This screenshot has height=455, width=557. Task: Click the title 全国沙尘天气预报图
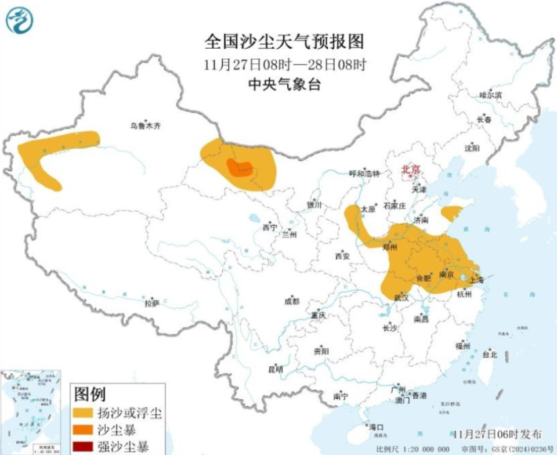(x=284, y=41)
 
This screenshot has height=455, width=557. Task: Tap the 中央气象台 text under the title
(x=284, y=84)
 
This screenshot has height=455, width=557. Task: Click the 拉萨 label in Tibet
(x=151, y=302)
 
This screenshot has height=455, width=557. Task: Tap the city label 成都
(x=292, y=301)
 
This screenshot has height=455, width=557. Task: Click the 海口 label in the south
(x=377, y=427)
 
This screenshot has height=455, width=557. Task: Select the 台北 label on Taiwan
(x=489, y=355)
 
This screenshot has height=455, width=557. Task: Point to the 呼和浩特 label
(x=364, y=174)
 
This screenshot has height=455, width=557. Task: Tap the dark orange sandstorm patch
(x=239, y=168)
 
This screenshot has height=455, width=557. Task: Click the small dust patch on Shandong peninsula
(x=453, y=213)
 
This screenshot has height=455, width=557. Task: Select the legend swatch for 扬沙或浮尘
(x=85, y=413)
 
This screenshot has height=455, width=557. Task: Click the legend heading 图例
(x=90, y=395)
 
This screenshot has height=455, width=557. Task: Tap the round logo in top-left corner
(x=20, y=20)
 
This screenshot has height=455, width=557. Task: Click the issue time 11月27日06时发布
(x=497, y=434)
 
